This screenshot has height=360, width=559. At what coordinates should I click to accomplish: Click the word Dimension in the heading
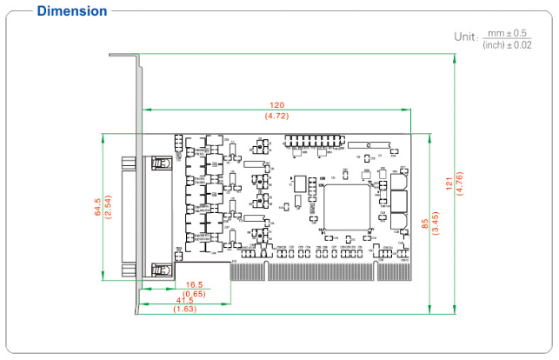click(72, 11)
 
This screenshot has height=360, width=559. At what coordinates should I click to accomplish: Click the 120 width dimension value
click(277, 105)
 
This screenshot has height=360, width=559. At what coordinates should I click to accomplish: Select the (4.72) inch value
click(277, 115)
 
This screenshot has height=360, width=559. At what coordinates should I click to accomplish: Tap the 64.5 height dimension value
click(97, 207)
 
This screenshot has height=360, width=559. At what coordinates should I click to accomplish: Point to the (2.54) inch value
click(108, 207)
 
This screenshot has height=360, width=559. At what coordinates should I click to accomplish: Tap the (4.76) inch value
click(460, 183)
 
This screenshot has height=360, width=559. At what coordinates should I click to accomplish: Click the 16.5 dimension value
click(194, 284)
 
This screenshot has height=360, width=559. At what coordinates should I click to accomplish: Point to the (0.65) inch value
click(194, 293)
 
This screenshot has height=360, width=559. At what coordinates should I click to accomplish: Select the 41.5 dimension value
click(184, 301)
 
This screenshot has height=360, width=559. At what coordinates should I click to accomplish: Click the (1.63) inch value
click(184, 310)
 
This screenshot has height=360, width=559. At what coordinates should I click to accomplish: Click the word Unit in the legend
click(465, 37)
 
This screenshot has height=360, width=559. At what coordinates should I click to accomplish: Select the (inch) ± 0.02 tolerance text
click(507, 43)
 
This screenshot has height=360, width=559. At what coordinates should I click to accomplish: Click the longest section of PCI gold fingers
click(319, 272)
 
